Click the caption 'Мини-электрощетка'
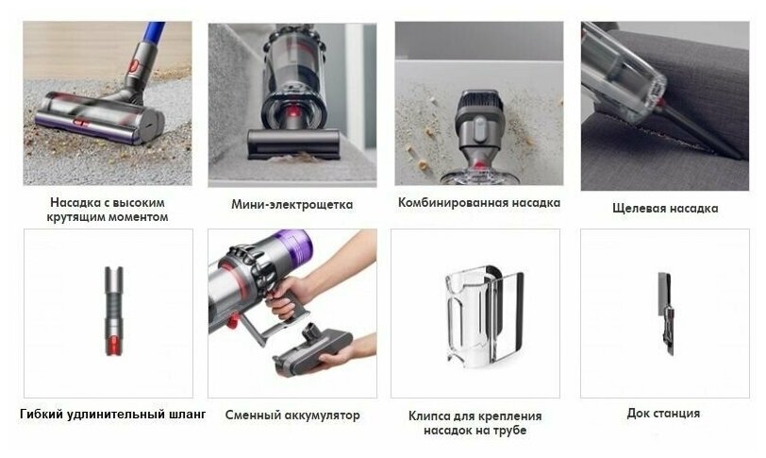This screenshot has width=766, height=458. point(292,204)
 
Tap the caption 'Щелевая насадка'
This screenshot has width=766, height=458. point(665,209)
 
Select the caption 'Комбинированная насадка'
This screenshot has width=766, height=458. point(479,202)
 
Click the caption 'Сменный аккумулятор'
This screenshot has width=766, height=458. point(292,415)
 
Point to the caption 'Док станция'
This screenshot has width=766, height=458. point(663,414)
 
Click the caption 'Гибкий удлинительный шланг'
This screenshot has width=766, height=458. point(112,414)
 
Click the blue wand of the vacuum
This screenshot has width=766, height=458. point(153,32)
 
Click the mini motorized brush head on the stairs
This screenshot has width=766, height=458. point(293,144)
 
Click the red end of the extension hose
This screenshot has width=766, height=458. point(114,346)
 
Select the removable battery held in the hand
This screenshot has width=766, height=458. point(312,349)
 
